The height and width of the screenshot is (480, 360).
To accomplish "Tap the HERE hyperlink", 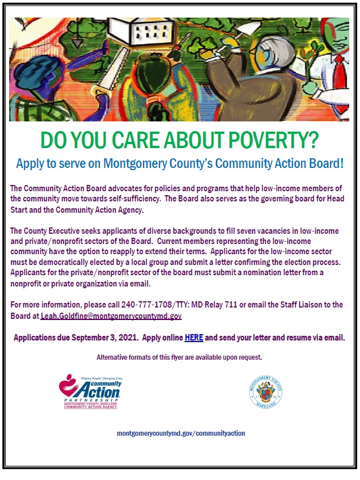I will coord(194,338).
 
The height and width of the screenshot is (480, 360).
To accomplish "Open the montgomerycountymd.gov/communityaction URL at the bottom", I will coord(181,433).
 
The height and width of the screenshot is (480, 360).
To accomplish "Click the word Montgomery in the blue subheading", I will coord(134,164).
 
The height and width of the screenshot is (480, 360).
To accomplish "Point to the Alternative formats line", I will coord(179,357).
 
